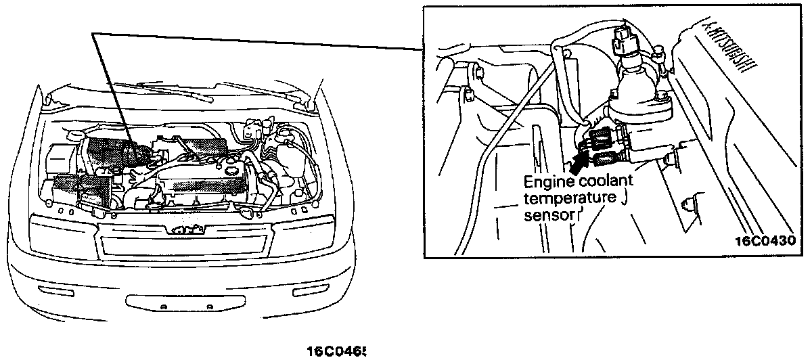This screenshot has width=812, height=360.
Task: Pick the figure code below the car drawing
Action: tap(336, 352)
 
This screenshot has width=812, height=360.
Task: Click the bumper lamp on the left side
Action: tap(53, 291)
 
